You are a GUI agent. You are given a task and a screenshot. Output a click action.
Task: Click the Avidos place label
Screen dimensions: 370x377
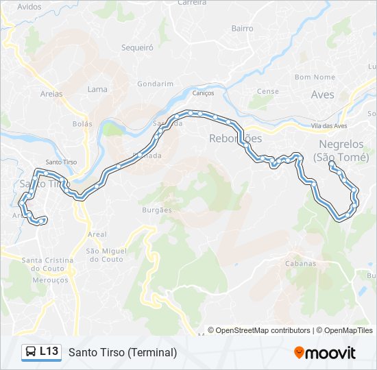pos(29,6)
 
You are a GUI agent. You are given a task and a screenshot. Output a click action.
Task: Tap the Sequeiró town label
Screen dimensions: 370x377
pos(137,48)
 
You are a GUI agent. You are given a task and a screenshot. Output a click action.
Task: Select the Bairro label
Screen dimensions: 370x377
pos(242,29)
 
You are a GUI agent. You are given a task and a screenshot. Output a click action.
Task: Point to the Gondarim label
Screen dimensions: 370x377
pos(155,84)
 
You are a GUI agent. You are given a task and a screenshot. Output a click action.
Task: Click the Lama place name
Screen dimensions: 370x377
pos(97,89)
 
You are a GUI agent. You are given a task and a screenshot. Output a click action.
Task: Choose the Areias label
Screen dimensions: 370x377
pos(51,94)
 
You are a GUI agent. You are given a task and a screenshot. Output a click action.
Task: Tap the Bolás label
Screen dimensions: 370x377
pos(82,124)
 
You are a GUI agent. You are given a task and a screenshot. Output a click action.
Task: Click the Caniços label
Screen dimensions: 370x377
pos(204,93)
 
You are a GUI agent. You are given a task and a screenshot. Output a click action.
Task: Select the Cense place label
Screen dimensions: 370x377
pos(268,91)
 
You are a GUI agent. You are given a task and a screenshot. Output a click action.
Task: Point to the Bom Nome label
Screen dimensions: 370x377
pos(315,77)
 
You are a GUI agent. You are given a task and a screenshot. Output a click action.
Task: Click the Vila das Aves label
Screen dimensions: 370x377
pos(329,126)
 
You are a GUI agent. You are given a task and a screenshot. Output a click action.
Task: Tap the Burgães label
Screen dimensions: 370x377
pos(158,210)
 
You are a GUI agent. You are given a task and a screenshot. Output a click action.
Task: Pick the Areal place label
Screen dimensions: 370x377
pos(97,234)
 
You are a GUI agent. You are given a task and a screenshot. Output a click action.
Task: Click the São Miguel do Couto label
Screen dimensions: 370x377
pos(105,255)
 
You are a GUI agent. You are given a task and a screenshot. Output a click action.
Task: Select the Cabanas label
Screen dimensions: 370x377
pos(301,263)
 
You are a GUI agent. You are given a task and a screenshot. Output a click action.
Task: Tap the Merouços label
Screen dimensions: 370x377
pos(46,280)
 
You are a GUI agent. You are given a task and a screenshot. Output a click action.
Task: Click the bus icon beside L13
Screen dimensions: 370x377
pos(30,351)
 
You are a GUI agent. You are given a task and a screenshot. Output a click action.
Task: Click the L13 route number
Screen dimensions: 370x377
pos(49,351)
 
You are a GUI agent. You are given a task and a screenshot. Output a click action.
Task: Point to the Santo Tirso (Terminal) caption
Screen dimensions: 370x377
pos(123,352)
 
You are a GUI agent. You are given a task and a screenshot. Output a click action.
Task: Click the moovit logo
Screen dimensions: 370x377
pos(325,353)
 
